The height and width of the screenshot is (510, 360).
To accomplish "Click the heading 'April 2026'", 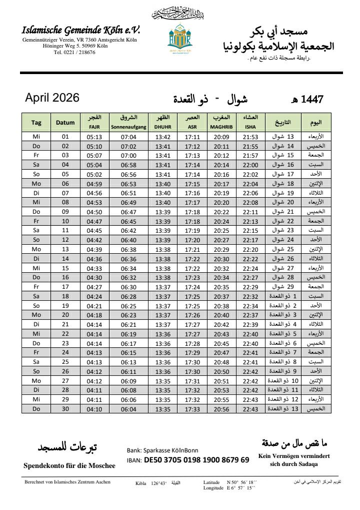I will [x=52, y=98].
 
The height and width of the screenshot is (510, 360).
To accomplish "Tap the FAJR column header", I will [x=94, y=127].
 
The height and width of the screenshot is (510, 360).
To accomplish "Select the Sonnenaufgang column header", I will [x=128, y=127].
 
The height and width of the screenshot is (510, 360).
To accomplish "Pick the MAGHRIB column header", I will [x=221, y=127].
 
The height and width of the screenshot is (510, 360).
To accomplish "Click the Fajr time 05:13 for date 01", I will [x=94, y=137].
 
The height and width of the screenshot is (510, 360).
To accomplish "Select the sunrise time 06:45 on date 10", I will [x=128, y=221].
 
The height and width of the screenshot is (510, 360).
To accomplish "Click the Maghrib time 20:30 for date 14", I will [x=221, y=259].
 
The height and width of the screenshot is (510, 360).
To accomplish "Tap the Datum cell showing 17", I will [x=65, y=287].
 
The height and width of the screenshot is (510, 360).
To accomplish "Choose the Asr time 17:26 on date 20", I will [x=192, y=315].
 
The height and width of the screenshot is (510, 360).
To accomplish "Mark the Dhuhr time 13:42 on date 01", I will [x=163, y=137].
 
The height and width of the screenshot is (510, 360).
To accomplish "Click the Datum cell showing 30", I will [x=65, y=408].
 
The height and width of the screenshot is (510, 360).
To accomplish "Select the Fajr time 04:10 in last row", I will [x=94, y=408].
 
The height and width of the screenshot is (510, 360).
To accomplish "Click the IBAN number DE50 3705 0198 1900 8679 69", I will [x=196, y=459].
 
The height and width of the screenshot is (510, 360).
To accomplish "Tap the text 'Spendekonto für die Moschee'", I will [x=69, y=465].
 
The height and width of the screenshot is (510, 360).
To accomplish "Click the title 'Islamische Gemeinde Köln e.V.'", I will [x=81, y=31].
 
